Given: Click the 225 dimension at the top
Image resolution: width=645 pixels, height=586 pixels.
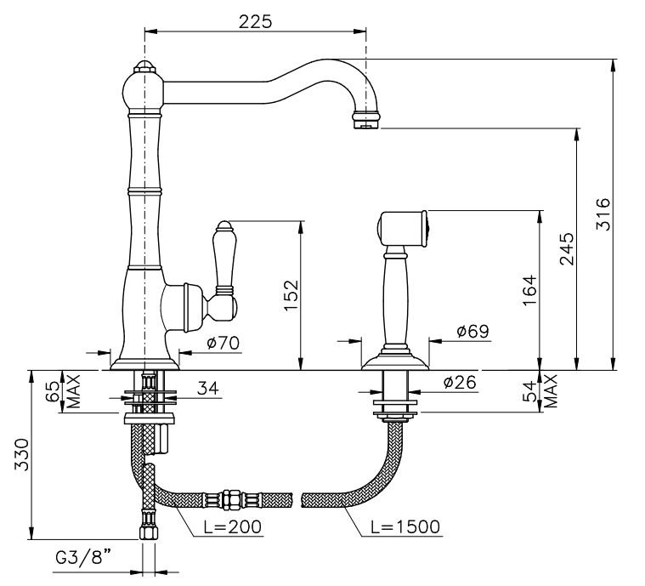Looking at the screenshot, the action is [x=255, y=22].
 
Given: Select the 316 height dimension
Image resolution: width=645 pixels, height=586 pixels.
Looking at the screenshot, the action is [x=603, y=214].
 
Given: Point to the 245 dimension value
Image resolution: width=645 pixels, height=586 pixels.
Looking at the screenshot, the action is [x=567, y=248].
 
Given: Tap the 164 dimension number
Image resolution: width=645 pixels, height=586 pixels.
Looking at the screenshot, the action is [x=529, y=290].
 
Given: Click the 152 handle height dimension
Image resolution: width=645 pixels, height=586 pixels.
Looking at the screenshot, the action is [x=291, y=296].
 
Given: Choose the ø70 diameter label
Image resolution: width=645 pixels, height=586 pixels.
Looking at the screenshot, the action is [x=223, y=343].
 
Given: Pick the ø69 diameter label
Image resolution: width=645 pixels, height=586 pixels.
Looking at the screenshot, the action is [x=473, y=331].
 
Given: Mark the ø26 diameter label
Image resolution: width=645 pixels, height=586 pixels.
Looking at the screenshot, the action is [x=461, y=382].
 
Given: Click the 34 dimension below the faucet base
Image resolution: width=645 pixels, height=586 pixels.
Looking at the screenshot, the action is [x=208, y=388].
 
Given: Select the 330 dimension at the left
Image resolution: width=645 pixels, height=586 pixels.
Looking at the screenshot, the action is [x=22, y=455].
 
